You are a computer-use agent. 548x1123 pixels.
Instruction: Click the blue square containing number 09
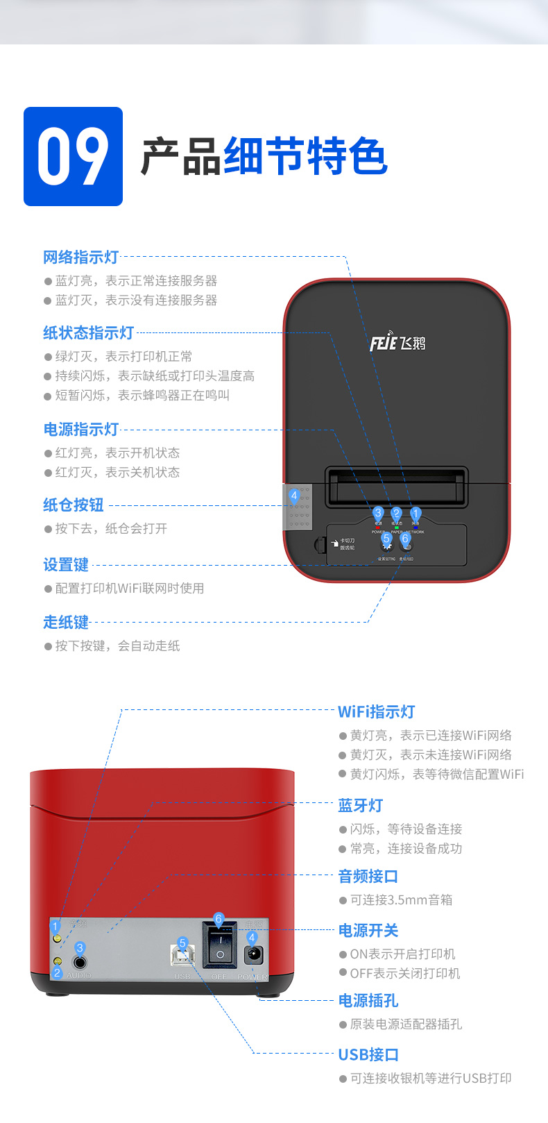coord(73,156)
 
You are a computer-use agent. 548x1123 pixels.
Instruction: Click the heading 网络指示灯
coord(80,257)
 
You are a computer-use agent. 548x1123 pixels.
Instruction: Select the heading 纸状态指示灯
coord(88,333)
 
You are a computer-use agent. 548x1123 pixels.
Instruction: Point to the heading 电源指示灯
coord(80,430)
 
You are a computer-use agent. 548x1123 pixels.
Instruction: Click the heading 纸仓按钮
coord(73,505)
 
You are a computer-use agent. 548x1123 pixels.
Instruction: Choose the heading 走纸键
coord(66,623)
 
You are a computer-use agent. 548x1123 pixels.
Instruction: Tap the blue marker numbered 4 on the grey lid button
coord(295,496)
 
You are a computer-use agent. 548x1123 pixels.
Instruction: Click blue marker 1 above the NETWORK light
coord(416,514)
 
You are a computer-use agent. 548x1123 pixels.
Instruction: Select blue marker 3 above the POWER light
coord(378,513)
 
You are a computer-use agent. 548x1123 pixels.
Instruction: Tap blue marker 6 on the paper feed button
coord(406,538)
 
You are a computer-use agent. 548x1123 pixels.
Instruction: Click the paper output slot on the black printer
coord(396,486)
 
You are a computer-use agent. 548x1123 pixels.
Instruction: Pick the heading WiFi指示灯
coord(376,712)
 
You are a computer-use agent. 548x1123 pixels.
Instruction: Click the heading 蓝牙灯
coord(360,806)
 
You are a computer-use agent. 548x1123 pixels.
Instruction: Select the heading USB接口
coord(368,1055)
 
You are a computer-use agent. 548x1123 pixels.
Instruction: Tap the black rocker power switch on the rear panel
coord(219,947)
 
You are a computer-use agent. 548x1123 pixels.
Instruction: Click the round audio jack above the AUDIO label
coord(80,963)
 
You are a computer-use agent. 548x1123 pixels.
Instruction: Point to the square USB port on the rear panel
coord(182,956)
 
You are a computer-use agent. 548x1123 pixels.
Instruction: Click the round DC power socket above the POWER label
coord(252,955)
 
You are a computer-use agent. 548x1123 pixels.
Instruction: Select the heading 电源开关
coord(368,931)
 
